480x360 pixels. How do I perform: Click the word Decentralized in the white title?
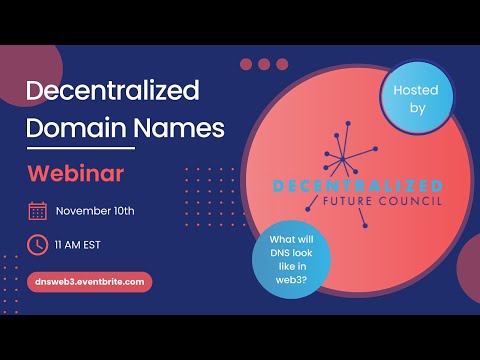(x=113, y=90)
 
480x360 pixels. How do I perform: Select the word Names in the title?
(x=182, y=128)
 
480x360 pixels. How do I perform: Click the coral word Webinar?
(x=75, y=172)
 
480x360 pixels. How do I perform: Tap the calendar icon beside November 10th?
(x=37, y=210)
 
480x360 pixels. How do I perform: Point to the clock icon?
(x=37, y=244)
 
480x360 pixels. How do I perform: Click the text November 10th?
(x=95, y=210)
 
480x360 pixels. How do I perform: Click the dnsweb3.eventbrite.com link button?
(x=89, y=283)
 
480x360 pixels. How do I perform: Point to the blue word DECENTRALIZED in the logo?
(x=344, y=186)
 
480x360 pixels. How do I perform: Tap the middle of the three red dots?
(x=264, y=64)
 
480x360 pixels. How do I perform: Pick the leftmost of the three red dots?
(x=246, y=64)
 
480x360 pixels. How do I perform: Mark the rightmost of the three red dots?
(x=282, y=64)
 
